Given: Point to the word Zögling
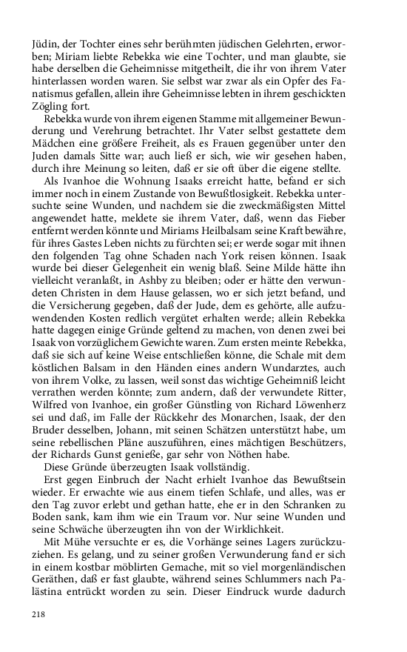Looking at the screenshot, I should [50, 105].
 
